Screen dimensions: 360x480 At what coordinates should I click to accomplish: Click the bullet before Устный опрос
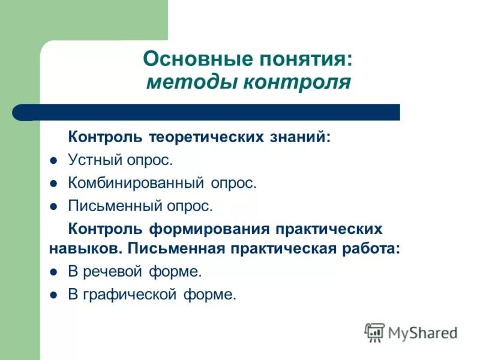[53, 161]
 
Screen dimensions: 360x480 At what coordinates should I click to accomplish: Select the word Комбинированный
[137, 183]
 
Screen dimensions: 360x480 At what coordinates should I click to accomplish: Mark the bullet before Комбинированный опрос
[53, 184]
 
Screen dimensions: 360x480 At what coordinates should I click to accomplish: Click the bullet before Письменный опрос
[53, 206]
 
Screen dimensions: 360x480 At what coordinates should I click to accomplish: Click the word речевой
[112, 271]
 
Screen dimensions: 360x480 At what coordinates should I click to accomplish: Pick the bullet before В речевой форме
[53, 272]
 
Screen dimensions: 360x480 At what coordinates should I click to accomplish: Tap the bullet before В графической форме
[53, 295]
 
